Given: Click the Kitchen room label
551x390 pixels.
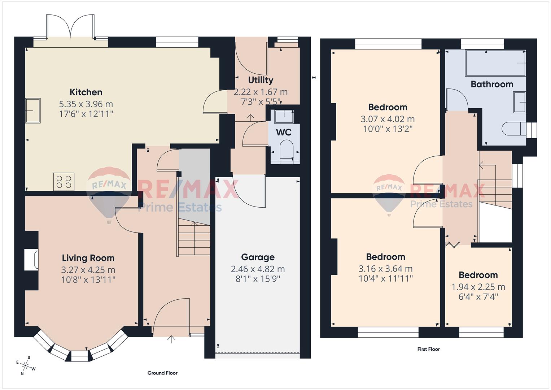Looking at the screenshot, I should click(86, 92).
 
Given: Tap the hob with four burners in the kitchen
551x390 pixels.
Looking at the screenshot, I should click(64, 182).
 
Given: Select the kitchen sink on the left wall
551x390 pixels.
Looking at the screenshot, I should click(33, 110).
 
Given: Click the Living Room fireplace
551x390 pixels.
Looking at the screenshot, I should click(31, 260).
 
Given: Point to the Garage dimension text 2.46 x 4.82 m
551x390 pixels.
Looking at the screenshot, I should click(258, 269).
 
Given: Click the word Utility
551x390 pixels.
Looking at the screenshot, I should click(261, 80).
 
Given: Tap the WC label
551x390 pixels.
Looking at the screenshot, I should click(284, 132).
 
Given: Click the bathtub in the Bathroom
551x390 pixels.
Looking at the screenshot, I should click(495, 63).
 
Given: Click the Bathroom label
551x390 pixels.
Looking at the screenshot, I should click(492, 84).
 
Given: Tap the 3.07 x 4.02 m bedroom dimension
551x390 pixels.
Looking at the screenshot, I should click(388, 119).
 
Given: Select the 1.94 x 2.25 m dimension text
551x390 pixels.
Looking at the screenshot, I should click(478, 287).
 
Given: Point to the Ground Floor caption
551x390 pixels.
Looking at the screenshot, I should click(162, 373).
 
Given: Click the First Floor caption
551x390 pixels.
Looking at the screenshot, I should click(428, 349).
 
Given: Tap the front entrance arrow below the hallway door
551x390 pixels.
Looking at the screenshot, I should click(171, 339).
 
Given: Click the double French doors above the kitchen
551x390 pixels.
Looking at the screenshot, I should click(71, 27).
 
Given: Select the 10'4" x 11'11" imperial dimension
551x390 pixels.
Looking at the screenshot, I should click(385, 278).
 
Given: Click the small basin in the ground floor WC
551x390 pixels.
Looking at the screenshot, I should click(284, 116).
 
